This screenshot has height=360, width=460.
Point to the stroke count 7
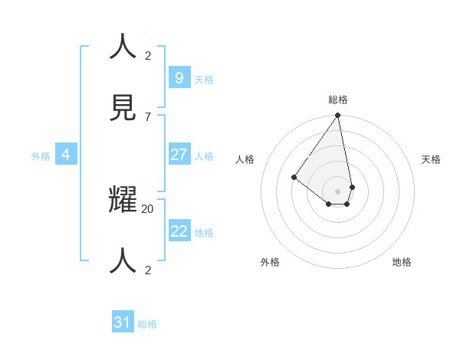pos(148,116)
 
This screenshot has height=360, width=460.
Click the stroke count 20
pos(148,208)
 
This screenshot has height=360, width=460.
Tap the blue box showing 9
pos(179,77)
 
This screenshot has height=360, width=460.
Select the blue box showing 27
pos(179,155)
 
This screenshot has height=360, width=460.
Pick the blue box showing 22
pos(179,231)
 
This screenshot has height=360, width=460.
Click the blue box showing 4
pos(65,155)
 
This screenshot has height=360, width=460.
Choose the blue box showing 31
pos(123,322)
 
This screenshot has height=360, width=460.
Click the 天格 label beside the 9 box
pos(204,80)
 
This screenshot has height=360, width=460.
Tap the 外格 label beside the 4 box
pos(41,156)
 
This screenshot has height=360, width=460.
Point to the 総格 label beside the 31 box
pos(148,324)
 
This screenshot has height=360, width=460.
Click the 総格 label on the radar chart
pos(338,100)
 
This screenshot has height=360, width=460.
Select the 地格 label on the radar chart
pos(402,262)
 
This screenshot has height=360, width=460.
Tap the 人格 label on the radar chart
pos(245,159)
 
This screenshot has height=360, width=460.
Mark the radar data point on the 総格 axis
pos(337,116)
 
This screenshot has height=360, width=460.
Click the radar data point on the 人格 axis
pos(294,177)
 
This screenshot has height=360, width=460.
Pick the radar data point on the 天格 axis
pos(352,187)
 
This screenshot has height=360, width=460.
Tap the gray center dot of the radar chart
pos(337,191)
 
